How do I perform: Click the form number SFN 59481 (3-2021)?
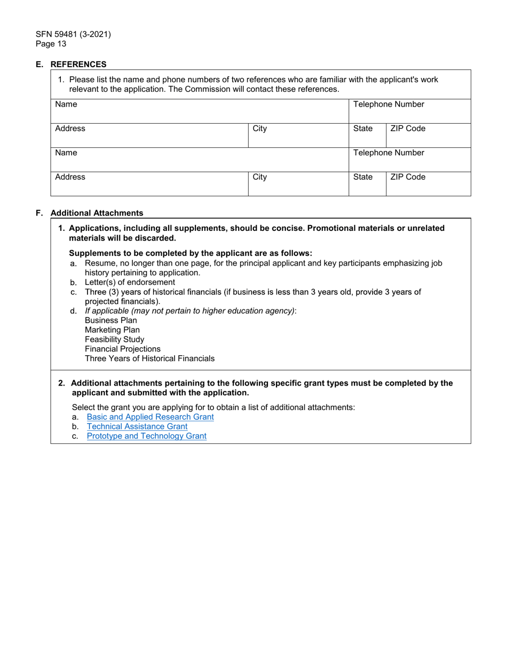coord(73,35)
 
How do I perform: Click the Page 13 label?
coord(51,44)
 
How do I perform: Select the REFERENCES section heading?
coord(78,65)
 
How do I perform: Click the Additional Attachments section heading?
coord(97,213)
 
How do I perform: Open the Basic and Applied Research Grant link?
coord(150,417)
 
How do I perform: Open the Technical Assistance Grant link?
coord(137,427)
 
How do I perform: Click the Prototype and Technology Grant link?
coord(146,436)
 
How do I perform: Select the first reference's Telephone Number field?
coord(409,113)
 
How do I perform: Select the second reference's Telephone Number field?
coord(409,162)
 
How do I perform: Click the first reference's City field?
coord(298,137)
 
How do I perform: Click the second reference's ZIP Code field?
coord(428,185)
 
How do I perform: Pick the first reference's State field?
coord(367,137)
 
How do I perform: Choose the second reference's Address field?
coord(149,185)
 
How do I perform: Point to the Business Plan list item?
coord(110,321)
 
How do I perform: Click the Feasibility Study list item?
coord(114,340)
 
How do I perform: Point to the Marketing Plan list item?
coord(112,330)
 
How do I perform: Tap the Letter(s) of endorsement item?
coord(130,282)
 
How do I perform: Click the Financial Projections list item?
coord(122,349)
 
